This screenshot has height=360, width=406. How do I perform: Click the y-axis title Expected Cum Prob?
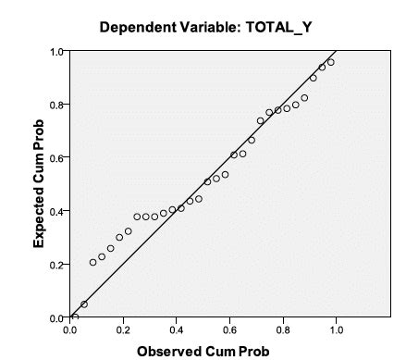(40, 184)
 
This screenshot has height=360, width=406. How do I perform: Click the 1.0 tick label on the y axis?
(58, 51)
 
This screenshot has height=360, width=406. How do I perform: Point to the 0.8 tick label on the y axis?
(58, 105)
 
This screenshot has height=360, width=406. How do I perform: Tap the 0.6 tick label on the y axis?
(58, 157)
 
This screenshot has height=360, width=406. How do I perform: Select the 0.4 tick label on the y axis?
(58, 211)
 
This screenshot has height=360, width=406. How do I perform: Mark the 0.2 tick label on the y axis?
(58, 265)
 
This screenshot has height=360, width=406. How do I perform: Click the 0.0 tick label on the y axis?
(58, 317)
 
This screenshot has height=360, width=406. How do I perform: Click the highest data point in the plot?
(330, 63)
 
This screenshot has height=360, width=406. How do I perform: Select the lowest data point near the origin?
(75, 317)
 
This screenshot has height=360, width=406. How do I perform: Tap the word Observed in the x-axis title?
(169, 351)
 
